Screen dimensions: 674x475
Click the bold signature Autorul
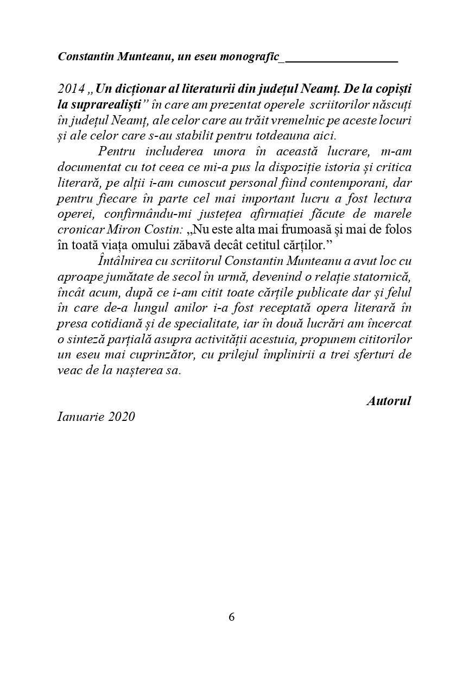(x=389, y=401)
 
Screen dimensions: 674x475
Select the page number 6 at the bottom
(x=232, y=618)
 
